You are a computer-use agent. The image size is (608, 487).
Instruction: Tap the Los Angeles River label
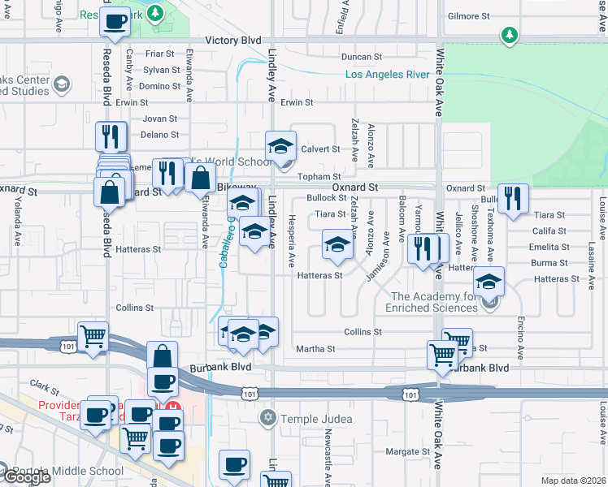(x=387, y=75)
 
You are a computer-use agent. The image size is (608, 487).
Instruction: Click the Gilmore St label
(x=468, y=15)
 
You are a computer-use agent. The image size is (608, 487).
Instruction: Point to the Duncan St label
(x=362, y=57)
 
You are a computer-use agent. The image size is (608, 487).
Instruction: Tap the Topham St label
(x=319, y=176)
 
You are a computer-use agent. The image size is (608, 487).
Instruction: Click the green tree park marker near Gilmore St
(x=509, y=35)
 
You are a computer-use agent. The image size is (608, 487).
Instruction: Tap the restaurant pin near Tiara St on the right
(x=512, y=198)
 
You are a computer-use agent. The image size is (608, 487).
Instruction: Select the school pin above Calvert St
(x=280, y=144)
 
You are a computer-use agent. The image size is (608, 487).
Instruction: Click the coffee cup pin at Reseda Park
(x=115, y=20)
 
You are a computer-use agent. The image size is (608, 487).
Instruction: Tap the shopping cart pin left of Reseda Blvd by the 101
(x=93, y=334)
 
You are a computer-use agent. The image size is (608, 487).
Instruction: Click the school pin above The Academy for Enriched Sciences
(x=489, y=281)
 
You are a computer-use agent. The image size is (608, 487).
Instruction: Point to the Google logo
(x=26, y=477)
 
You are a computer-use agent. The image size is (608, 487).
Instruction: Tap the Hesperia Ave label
(x=291, y=240)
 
